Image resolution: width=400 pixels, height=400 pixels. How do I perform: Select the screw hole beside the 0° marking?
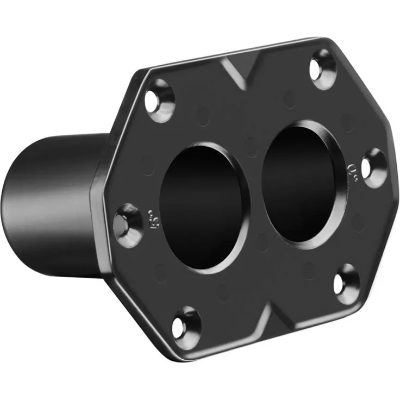click(x=374, y=167)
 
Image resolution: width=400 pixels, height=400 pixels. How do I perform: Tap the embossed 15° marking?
click(x=153, y=217)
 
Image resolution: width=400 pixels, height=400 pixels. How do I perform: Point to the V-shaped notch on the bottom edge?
click(x=266, y=320)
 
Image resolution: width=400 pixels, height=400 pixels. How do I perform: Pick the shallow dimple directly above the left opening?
click(x=203, y=116)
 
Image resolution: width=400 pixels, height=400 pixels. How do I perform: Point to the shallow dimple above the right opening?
click(x=290, y=98)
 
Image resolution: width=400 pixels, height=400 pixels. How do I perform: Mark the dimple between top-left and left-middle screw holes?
click(x=148, y=164)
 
